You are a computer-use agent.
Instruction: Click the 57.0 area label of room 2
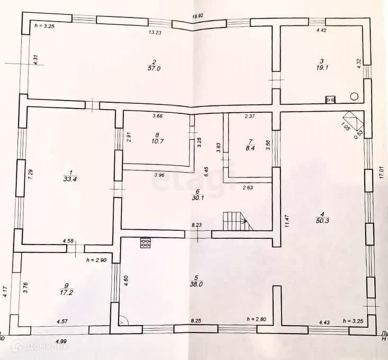(154, 68)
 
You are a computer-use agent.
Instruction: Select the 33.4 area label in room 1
(67, 179)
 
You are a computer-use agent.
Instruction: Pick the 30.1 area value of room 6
(196, 199)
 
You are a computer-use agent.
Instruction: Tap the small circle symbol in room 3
(354, 96)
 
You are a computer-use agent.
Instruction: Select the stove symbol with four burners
(146, 242)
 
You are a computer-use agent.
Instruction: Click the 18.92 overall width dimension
(197, 16)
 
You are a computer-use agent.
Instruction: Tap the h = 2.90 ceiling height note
(97, 260)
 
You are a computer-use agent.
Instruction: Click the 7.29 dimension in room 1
(30, 175)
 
